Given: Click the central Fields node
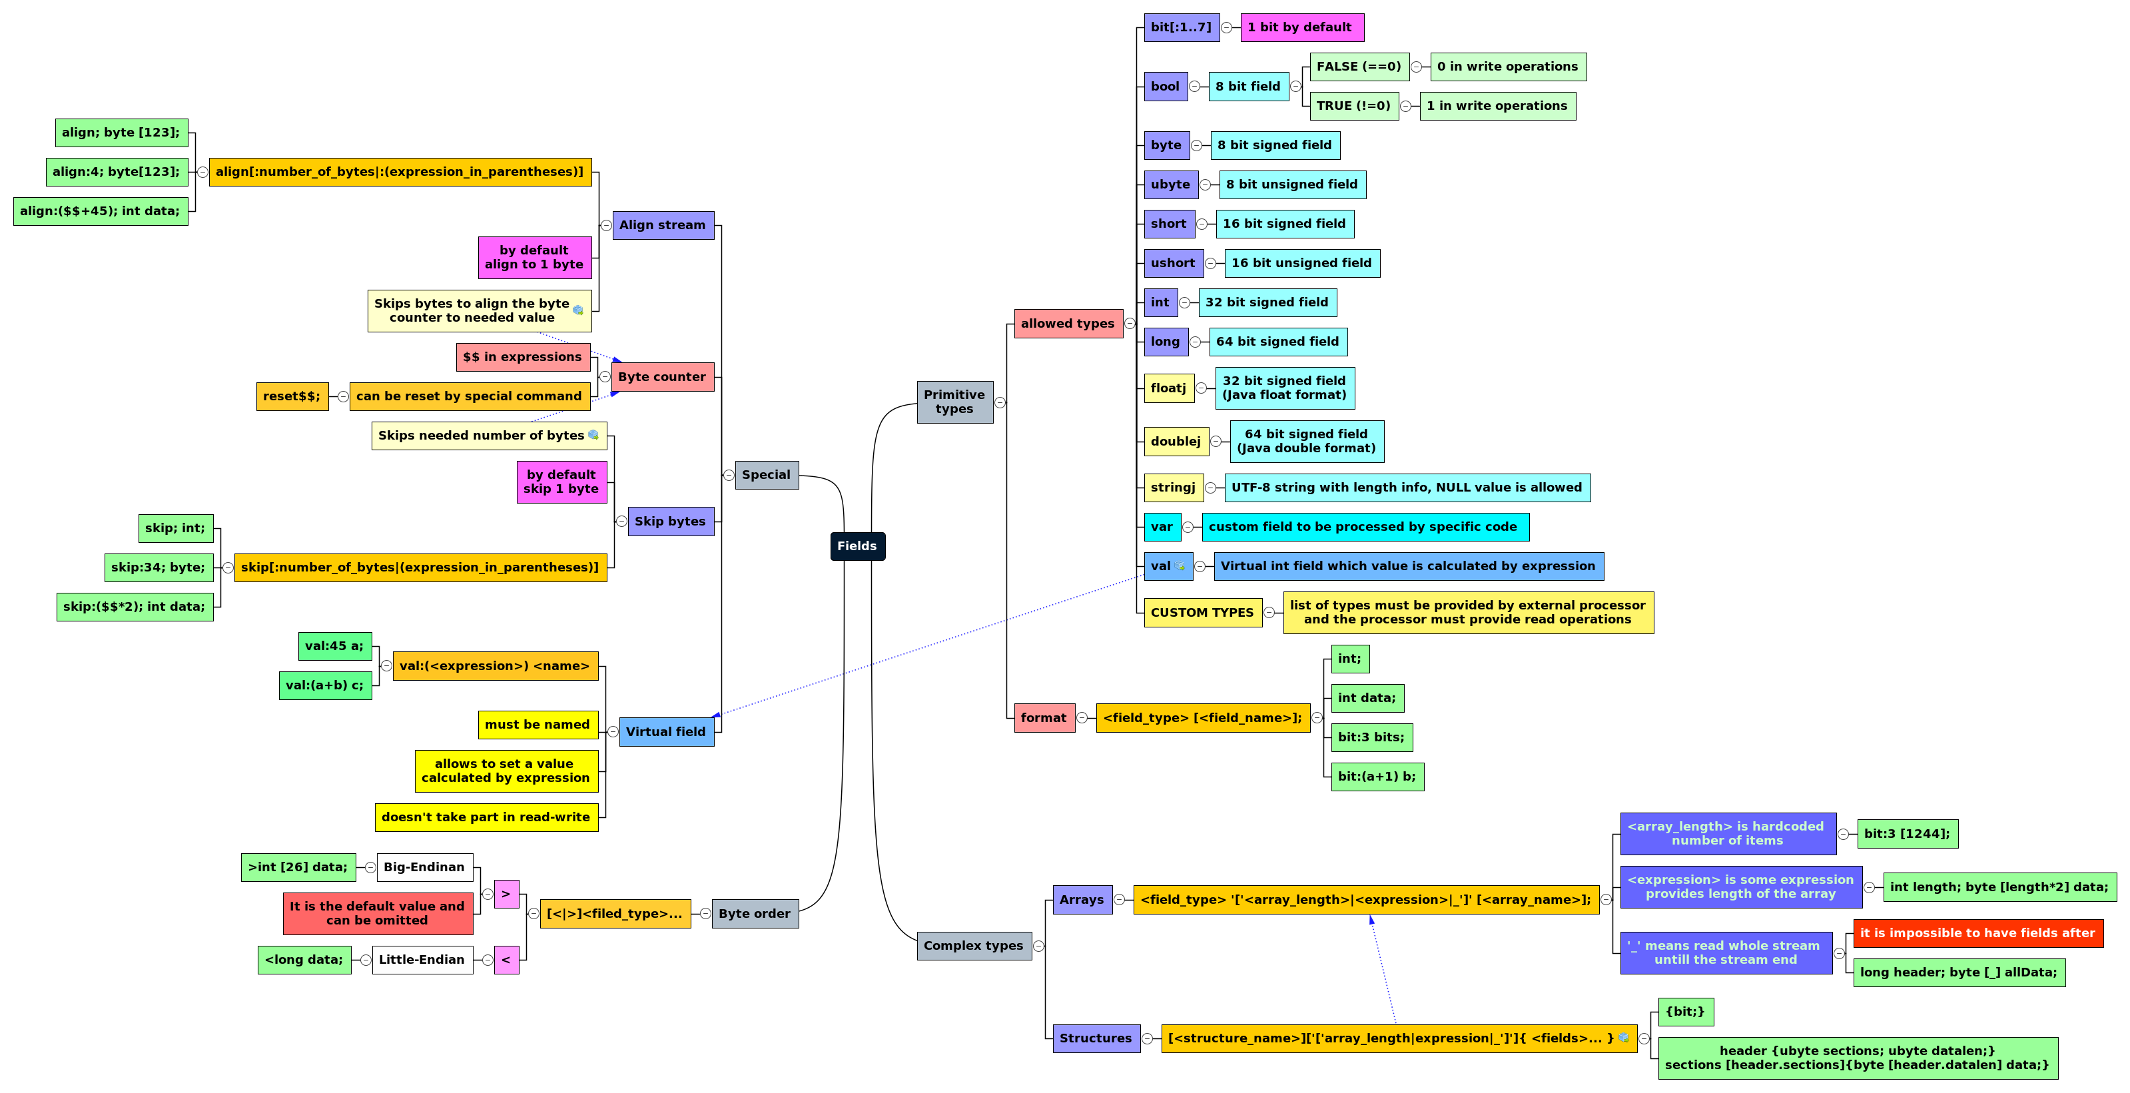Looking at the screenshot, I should [x=857, y=546].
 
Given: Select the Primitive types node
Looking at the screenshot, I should [x=954, y=402].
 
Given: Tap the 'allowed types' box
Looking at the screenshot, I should [x=1068, y=323].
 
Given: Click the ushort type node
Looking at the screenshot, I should [x=1172, y=263].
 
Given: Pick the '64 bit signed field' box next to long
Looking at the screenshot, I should [x=1277, y=342].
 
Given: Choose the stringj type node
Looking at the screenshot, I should [x=1172, y=487].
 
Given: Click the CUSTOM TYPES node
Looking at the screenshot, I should [x=1202, y=613].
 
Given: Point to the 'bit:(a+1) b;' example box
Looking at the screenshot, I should [x=1377, y=777].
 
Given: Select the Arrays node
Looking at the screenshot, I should [x=1082, y=900].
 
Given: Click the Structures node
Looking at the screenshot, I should [x=1096, y=1038].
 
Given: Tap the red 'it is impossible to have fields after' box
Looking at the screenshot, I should [x=1977, y=932].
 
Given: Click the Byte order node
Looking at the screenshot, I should [x=754, y=914].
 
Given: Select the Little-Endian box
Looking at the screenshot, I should [x=422, y=960].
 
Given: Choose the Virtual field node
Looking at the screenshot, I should [x=665, y=732].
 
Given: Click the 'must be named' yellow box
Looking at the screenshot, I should [x=537, y=724].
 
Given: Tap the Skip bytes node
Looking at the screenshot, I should [x=670, y=522].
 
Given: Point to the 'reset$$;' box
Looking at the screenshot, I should [x=292, y=396].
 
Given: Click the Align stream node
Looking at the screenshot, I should [x=662, y=225].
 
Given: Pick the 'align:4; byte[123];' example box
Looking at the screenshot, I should [x=117, y=172].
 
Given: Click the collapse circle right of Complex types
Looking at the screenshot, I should [x=1038, y=946].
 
